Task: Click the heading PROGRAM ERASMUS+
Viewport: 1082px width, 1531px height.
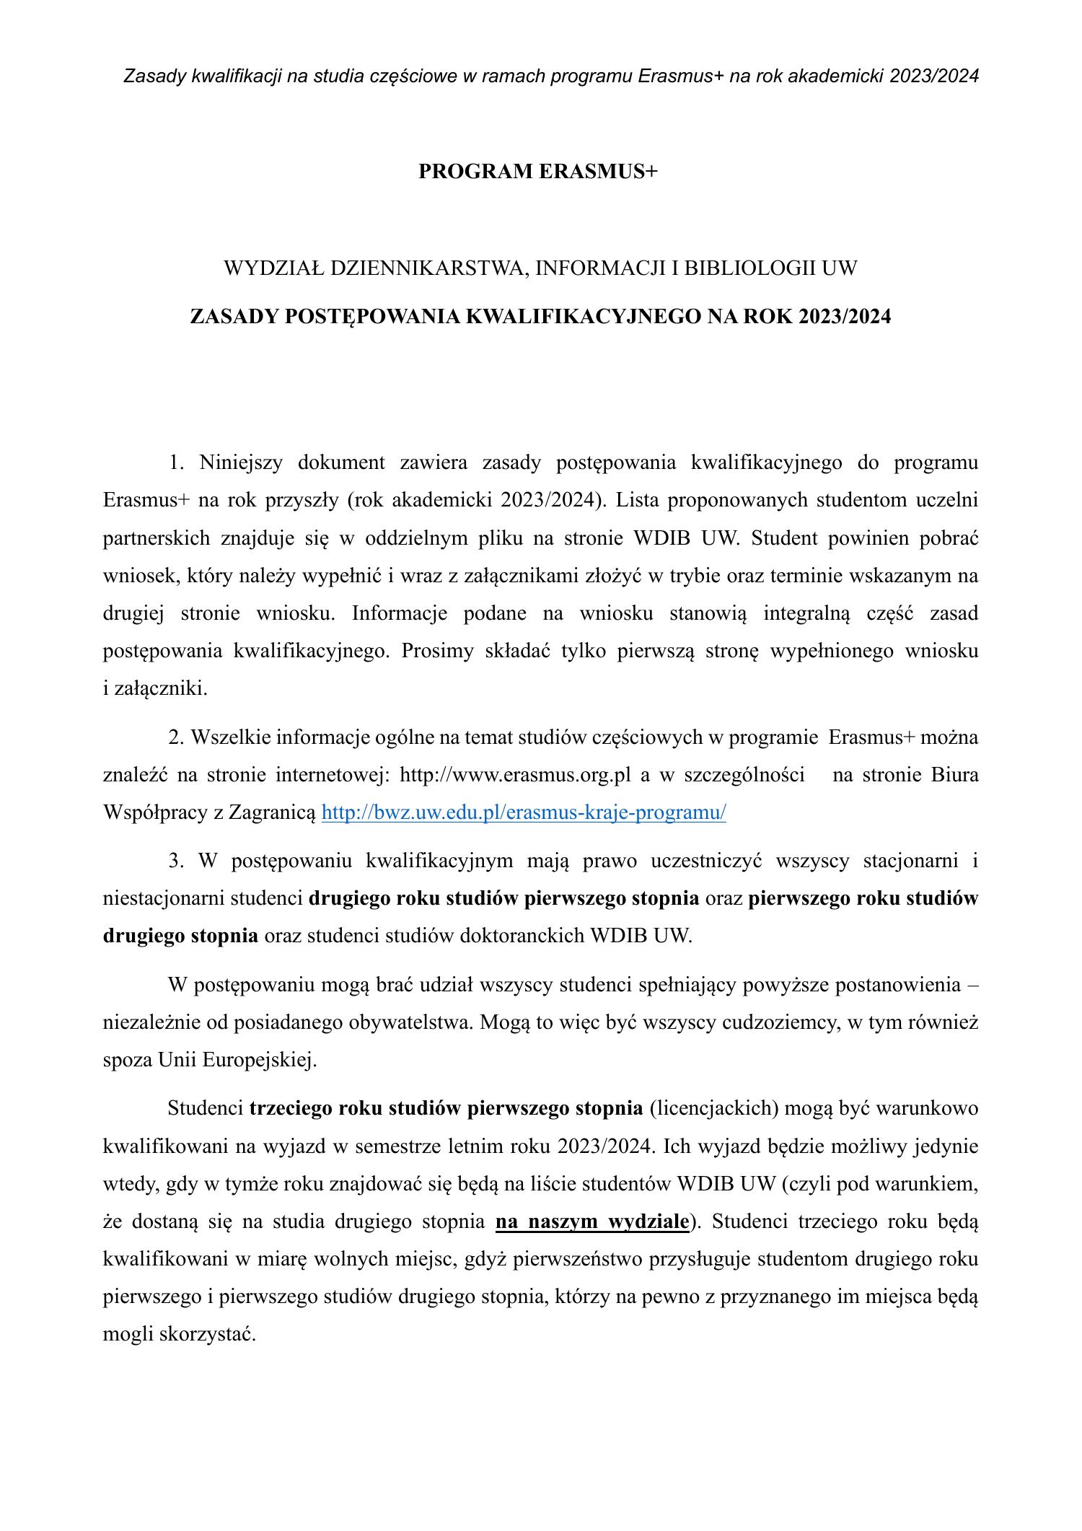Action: pyautogui.click(x=539, y=172)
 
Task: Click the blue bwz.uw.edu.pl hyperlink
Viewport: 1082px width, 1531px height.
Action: pyautogui.click(x=524, y=812)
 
